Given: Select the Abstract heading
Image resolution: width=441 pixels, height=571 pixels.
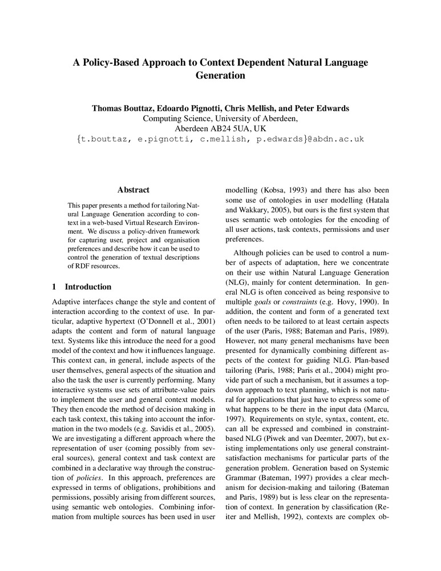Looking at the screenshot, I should [133, 190].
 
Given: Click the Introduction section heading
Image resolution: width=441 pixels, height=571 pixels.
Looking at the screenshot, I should [88, 287].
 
